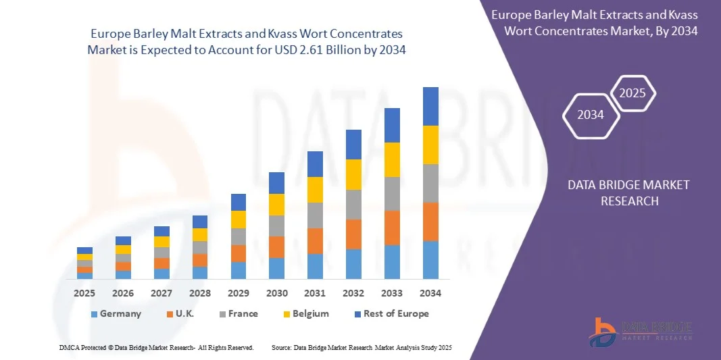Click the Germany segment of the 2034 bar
430,260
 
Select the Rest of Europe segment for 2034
430,106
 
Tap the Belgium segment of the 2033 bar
392,160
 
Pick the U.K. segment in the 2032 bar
353,234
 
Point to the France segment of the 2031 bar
315,215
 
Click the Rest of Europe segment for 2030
276,183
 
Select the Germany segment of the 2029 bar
238,270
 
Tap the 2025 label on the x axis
84,293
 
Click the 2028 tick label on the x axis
199,293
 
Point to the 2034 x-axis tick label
430,293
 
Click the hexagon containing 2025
632,93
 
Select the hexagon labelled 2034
591,115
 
